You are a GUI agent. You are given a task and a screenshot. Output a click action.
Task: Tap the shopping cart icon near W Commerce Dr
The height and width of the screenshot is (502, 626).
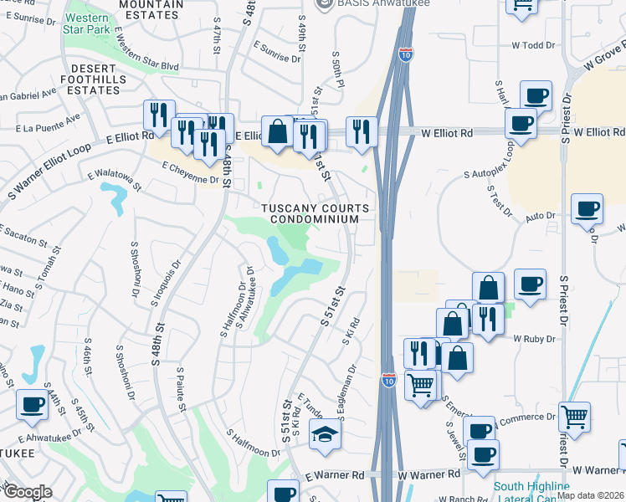574,415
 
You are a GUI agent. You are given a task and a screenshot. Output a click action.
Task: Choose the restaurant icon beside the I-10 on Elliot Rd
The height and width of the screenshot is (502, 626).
362,130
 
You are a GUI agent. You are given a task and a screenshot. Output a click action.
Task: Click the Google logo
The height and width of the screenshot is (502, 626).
27,492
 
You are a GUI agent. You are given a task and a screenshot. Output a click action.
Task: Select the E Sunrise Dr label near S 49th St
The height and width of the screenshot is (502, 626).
276,53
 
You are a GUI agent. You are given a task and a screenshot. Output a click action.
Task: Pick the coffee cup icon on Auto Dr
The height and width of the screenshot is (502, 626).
587,208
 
